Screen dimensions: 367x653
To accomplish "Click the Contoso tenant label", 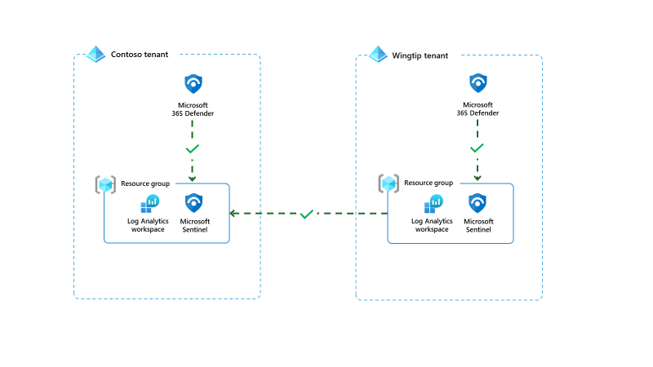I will (140, 55).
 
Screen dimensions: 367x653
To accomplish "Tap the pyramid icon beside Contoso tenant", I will (96, 55).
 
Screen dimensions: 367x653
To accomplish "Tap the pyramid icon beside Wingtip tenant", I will (377, 55).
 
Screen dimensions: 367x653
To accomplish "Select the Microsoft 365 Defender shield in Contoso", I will (193, 83).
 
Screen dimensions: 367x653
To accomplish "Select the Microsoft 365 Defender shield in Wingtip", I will (478, 83).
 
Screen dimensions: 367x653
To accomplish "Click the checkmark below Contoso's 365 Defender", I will (193, 149).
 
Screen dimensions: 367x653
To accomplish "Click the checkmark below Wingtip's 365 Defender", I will (477, 149).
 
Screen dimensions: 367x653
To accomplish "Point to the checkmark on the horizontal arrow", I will (307, 214).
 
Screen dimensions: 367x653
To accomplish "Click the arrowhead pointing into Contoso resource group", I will (233, 214).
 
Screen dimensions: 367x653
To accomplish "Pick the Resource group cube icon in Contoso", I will (105, 184).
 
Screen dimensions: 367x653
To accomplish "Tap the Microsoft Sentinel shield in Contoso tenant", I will (194, 203).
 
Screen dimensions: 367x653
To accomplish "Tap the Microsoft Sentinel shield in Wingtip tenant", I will (478, 203).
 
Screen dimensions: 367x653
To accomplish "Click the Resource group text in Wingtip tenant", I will (429, 183).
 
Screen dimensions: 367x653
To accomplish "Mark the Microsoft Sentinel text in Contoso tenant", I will (195, 225).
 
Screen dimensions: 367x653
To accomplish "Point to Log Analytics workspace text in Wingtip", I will (432, 225).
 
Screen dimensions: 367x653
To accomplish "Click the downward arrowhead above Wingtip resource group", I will (477, 178).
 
